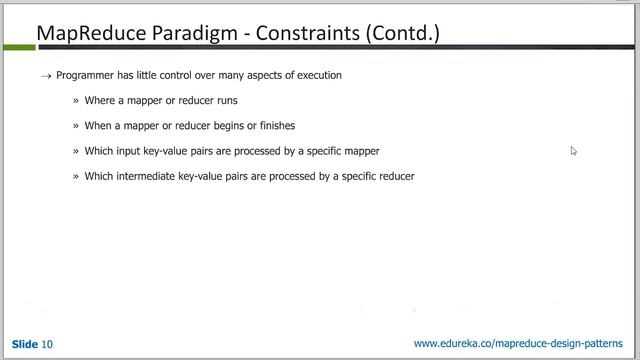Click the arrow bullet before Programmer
point(46,76)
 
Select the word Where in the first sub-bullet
point(99,101)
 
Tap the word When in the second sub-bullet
point(98,126)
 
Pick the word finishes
point(274,126)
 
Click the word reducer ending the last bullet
point(395,176)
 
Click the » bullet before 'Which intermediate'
point(75,176)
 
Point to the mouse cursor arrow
point(573,150)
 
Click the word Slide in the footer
point(25,344)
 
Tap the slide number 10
point(47,344)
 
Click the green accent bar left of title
point(18,34)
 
